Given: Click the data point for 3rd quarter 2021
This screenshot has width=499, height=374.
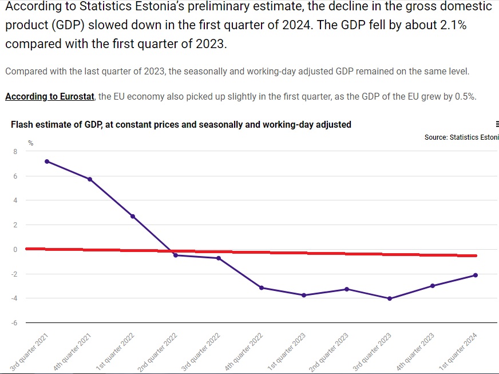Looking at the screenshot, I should coord(47,162).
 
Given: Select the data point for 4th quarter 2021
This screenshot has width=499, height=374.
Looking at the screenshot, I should coord(90,179).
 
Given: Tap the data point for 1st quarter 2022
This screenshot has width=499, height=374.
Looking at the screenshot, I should coord(133,216).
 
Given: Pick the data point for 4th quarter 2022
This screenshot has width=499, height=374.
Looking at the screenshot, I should coord(262,288).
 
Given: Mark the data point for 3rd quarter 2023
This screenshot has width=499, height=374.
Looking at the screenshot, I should coord(390,298).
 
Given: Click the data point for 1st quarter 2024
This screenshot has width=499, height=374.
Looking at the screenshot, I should coord(476,275).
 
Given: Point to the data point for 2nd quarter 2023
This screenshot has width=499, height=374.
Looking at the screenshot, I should coord(347,289).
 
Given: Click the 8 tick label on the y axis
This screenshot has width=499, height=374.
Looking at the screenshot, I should coord(15,151).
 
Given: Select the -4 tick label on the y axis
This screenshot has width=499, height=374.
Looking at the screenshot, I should coord(14,298).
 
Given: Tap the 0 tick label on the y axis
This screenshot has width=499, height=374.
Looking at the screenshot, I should coord(15,250).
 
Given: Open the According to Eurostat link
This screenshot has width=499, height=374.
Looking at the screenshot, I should coord(50,96).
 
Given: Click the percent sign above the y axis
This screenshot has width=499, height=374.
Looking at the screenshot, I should coord(30,142).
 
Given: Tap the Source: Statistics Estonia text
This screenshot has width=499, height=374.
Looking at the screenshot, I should coord(461,137).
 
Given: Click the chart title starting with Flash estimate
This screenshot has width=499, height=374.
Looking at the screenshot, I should coord(181,124).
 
